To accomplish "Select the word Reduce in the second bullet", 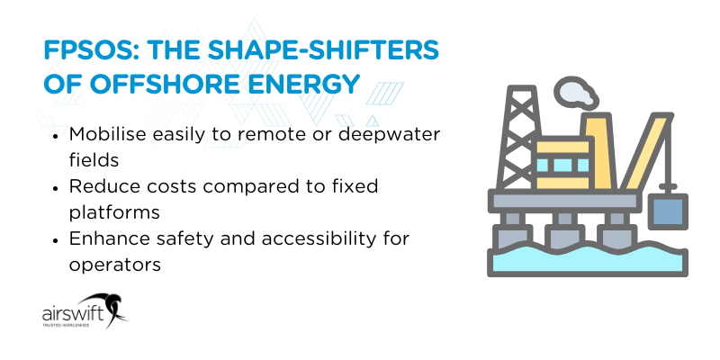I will (x=102, y=187).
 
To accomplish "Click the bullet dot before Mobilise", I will (x=57, y=135).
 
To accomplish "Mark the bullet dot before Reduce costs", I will (x=57, y=187).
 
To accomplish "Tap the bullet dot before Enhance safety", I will (x=57, y=240).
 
